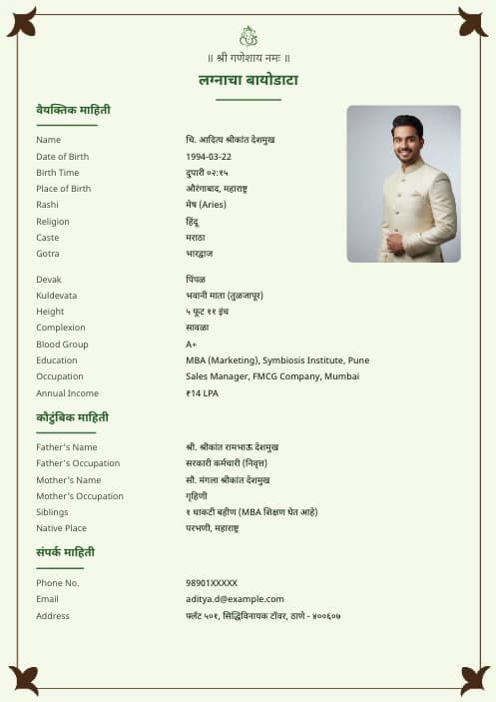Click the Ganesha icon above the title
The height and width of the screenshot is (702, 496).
coord(248,36)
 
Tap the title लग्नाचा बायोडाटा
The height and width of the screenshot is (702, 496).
coord(248,80)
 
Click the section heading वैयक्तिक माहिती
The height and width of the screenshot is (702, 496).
coord(73,110)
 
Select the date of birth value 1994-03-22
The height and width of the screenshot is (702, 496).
coord(209,157)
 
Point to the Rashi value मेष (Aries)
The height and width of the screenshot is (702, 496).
coord(206,205)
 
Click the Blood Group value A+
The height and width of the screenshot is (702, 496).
coord(192,345)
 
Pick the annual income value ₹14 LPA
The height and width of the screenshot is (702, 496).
coord(202,393)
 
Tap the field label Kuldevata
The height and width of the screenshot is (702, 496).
coord(56,296)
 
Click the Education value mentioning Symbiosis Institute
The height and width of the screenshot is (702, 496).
coord(277,360)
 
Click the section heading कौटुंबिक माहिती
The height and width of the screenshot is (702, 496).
coord(73,417)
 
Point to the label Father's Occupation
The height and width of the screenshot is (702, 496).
coord(78,463)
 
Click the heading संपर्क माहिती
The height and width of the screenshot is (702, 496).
coord(66,552)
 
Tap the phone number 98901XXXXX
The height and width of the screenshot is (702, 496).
coord(212,583)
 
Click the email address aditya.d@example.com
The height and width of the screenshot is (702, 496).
coord(235,599)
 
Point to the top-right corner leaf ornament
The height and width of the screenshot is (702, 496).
coord(472,22)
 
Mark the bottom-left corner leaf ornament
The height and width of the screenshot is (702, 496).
coord(23,680)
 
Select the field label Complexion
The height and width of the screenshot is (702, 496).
coord(61,328)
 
